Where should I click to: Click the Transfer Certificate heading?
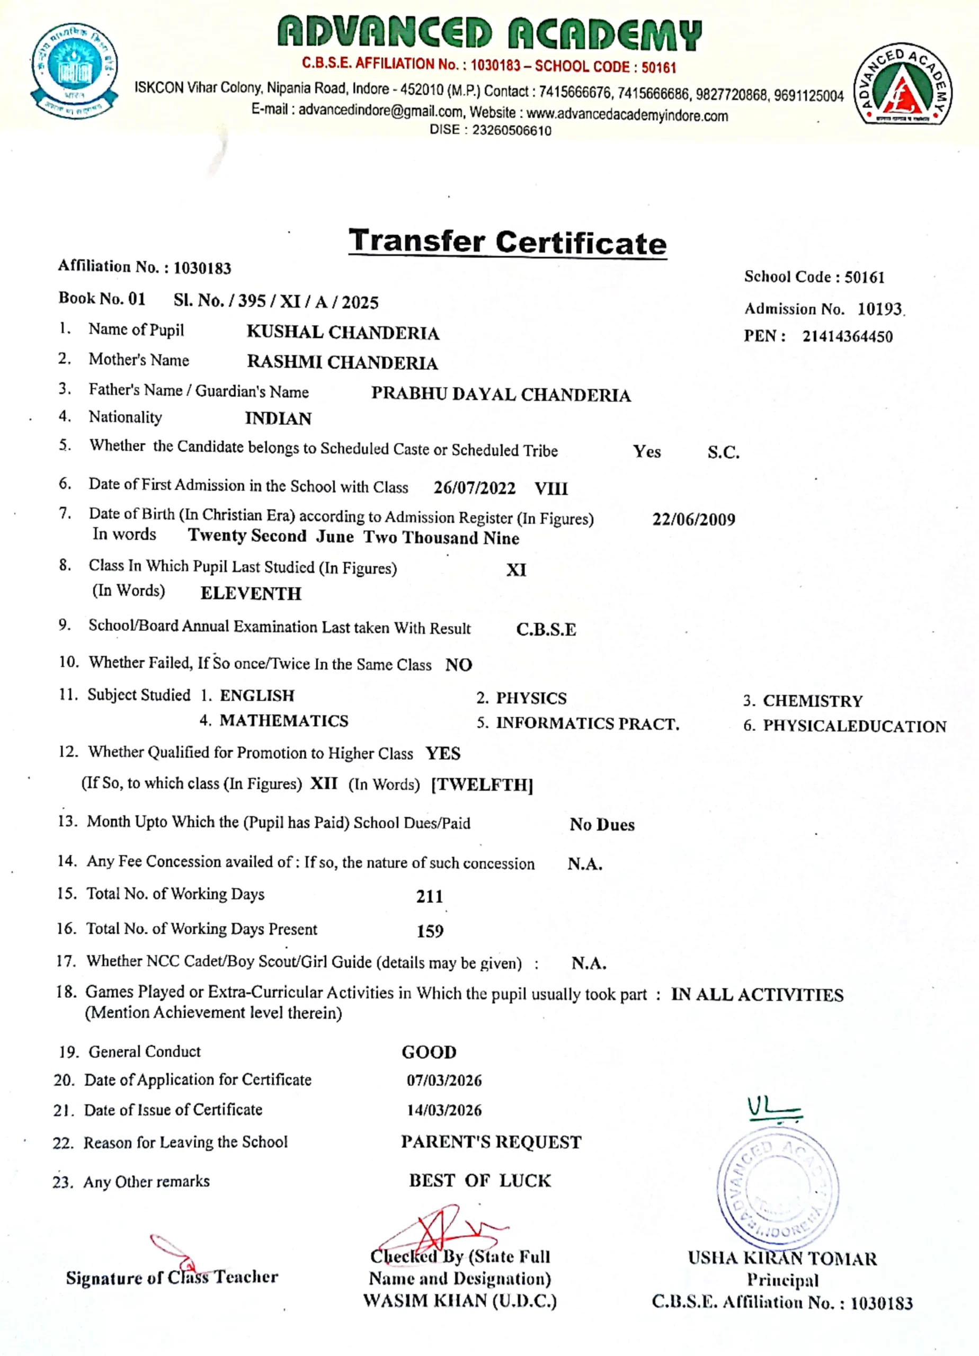507,242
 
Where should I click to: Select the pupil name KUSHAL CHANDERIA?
343,333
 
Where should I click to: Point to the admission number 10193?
879,309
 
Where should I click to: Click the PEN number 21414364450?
847,336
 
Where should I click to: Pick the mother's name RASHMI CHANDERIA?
342,362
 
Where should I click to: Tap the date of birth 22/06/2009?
693,519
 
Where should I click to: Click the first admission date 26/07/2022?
474,488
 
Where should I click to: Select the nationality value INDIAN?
278,418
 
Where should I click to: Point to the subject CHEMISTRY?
812,701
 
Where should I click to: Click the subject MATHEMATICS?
283,720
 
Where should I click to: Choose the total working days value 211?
430,896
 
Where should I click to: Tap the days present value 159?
430,931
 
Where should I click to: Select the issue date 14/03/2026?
444,1110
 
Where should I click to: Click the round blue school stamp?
778,1190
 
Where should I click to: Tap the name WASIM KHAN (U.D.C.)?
459,1301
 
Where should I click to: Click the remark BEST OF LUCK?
479,1181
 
